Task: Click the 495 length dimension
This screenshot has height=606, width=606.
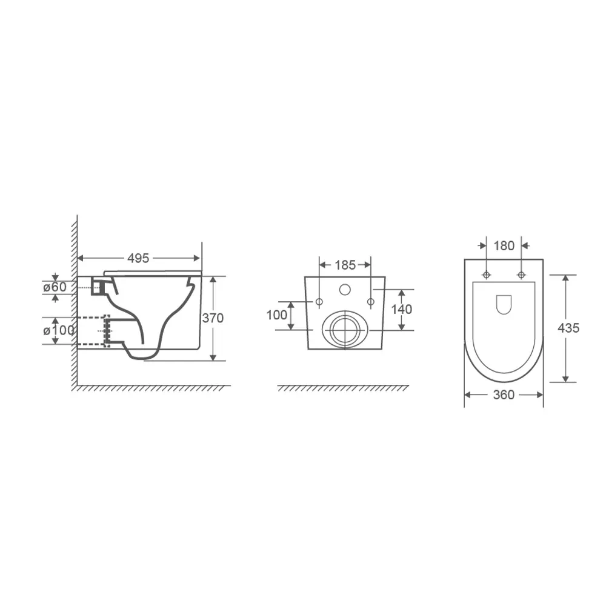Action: (138, 258)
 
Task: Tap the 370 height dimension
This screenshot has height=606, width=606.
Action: (213, 318)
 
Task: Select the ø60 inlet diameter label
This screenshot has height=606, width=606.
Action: (55, 287)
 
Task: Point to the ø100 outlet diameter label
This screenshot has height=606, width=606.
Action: (58, 330)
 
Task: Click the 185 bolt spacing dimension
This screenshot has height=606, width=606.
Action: (345, 265)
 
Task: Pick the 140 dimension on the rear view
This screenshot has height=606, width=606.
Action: (402, 309)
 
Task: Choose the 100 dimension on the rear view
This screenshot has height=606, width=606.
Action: (277, 315)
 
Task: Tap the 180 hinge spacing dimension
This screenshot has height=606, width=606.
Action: (504, 246)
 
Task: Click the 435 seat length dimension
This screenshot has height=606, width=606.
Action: (568, 328)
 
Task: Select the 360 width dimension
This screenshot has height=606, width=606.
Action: (504, 395)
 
